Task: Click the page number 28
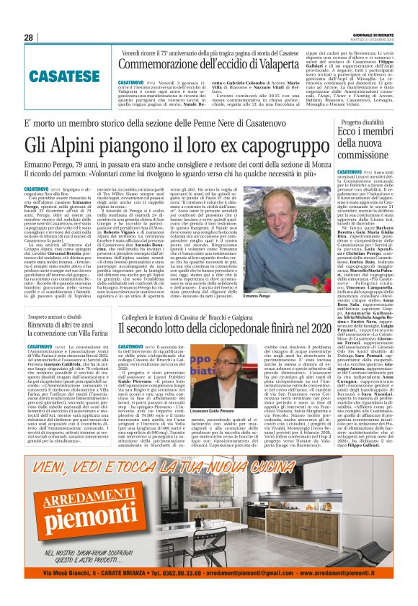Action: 29,37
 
